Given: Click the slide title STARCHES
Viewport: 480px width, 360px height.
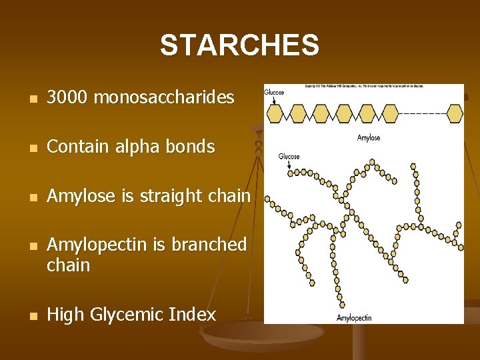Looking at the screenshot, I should click(239, 45).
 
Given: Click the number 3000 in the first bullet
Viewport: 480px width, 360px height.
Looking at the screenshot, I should click(69, 98).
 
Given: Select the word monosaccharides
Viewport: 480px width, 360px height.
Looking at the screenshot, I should click(164, 98).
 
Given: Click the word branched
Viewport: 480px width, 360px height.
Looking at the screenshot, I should click(209, 245).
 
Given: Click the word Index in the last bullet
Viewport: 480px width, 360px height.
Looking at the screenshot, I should click(196, 315).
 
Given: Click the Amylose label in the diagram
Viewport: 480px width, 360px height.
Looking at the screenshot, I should click(369, 138).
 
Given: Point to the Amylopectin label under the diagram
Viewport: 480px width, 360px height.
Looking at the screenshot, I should click(354, 318).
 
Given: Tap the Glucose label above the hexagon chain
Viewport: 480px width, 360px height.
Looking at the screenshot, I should click(274, 93).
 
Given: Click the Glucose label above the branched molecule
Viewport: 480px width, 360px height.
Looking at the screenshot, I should click(289, 157).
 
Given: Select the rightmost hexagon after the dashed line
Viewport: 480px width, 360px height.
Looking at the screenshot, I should click(455, 113).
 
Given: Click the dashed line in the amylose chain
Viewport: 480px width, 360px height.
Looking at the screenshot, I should click(423, 113).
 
